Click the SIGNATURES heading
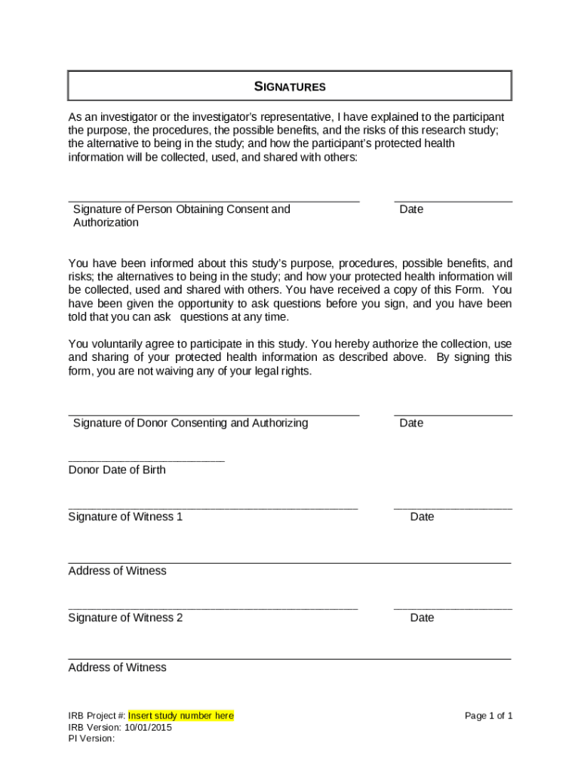290,87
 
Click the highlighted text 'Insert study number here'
181,716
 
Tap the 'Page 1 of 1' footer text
489,716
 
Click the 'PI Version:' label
91,739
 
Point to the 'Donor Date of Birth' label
117,470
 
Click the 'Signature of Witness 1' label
125,517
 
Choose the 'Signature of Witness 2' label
125,617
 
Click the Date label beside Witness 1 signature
422,517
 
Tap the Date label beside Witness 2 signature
422,617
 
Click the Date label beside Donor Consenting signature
411,423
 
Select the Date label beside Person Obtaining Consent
411,209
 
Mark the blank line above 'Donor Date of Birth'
146,460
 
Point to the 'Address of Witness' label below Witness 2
117,667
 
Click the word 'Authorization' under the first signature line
106,223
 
